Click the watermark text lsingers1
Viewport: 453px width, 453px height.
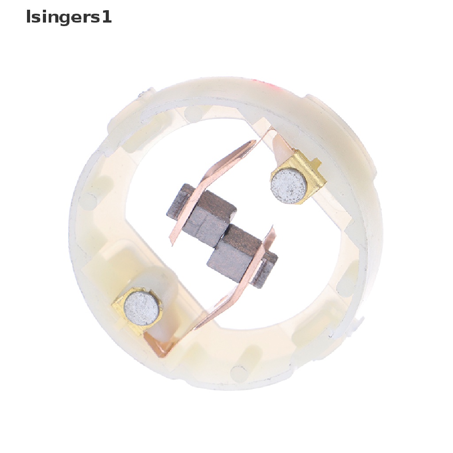click(x=69, y=17)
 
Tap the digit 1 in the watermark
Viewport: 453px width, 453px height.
click(x=107, y=17)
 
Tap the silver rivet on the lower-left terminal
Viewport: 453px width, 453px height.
click(x=141, y=309)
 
